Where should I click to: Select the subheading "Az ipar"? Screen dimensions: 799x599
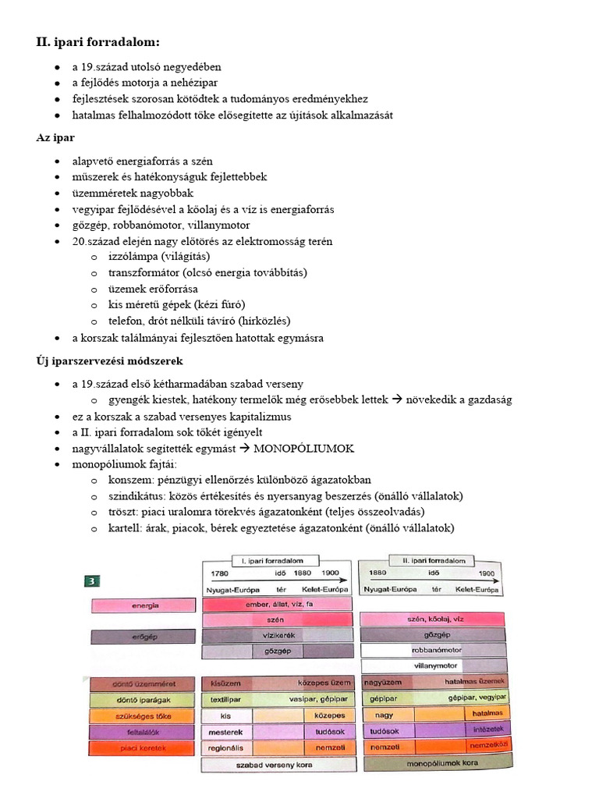[55, 137]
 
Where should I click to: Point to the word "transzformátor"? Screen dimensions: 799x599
[145, 272]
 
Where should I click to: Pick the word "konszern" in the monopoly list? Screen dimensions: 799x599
[130, 480]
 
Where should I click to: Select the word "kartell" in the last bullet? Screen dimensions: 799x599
[123, 528]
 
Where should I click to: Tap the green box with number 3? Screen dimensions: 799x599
[93, 581]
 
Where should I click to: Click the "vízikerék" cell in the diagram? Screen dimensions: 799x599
[277, 635]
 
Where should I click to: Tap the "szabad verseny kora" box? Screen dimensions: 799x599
[277, 765]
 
